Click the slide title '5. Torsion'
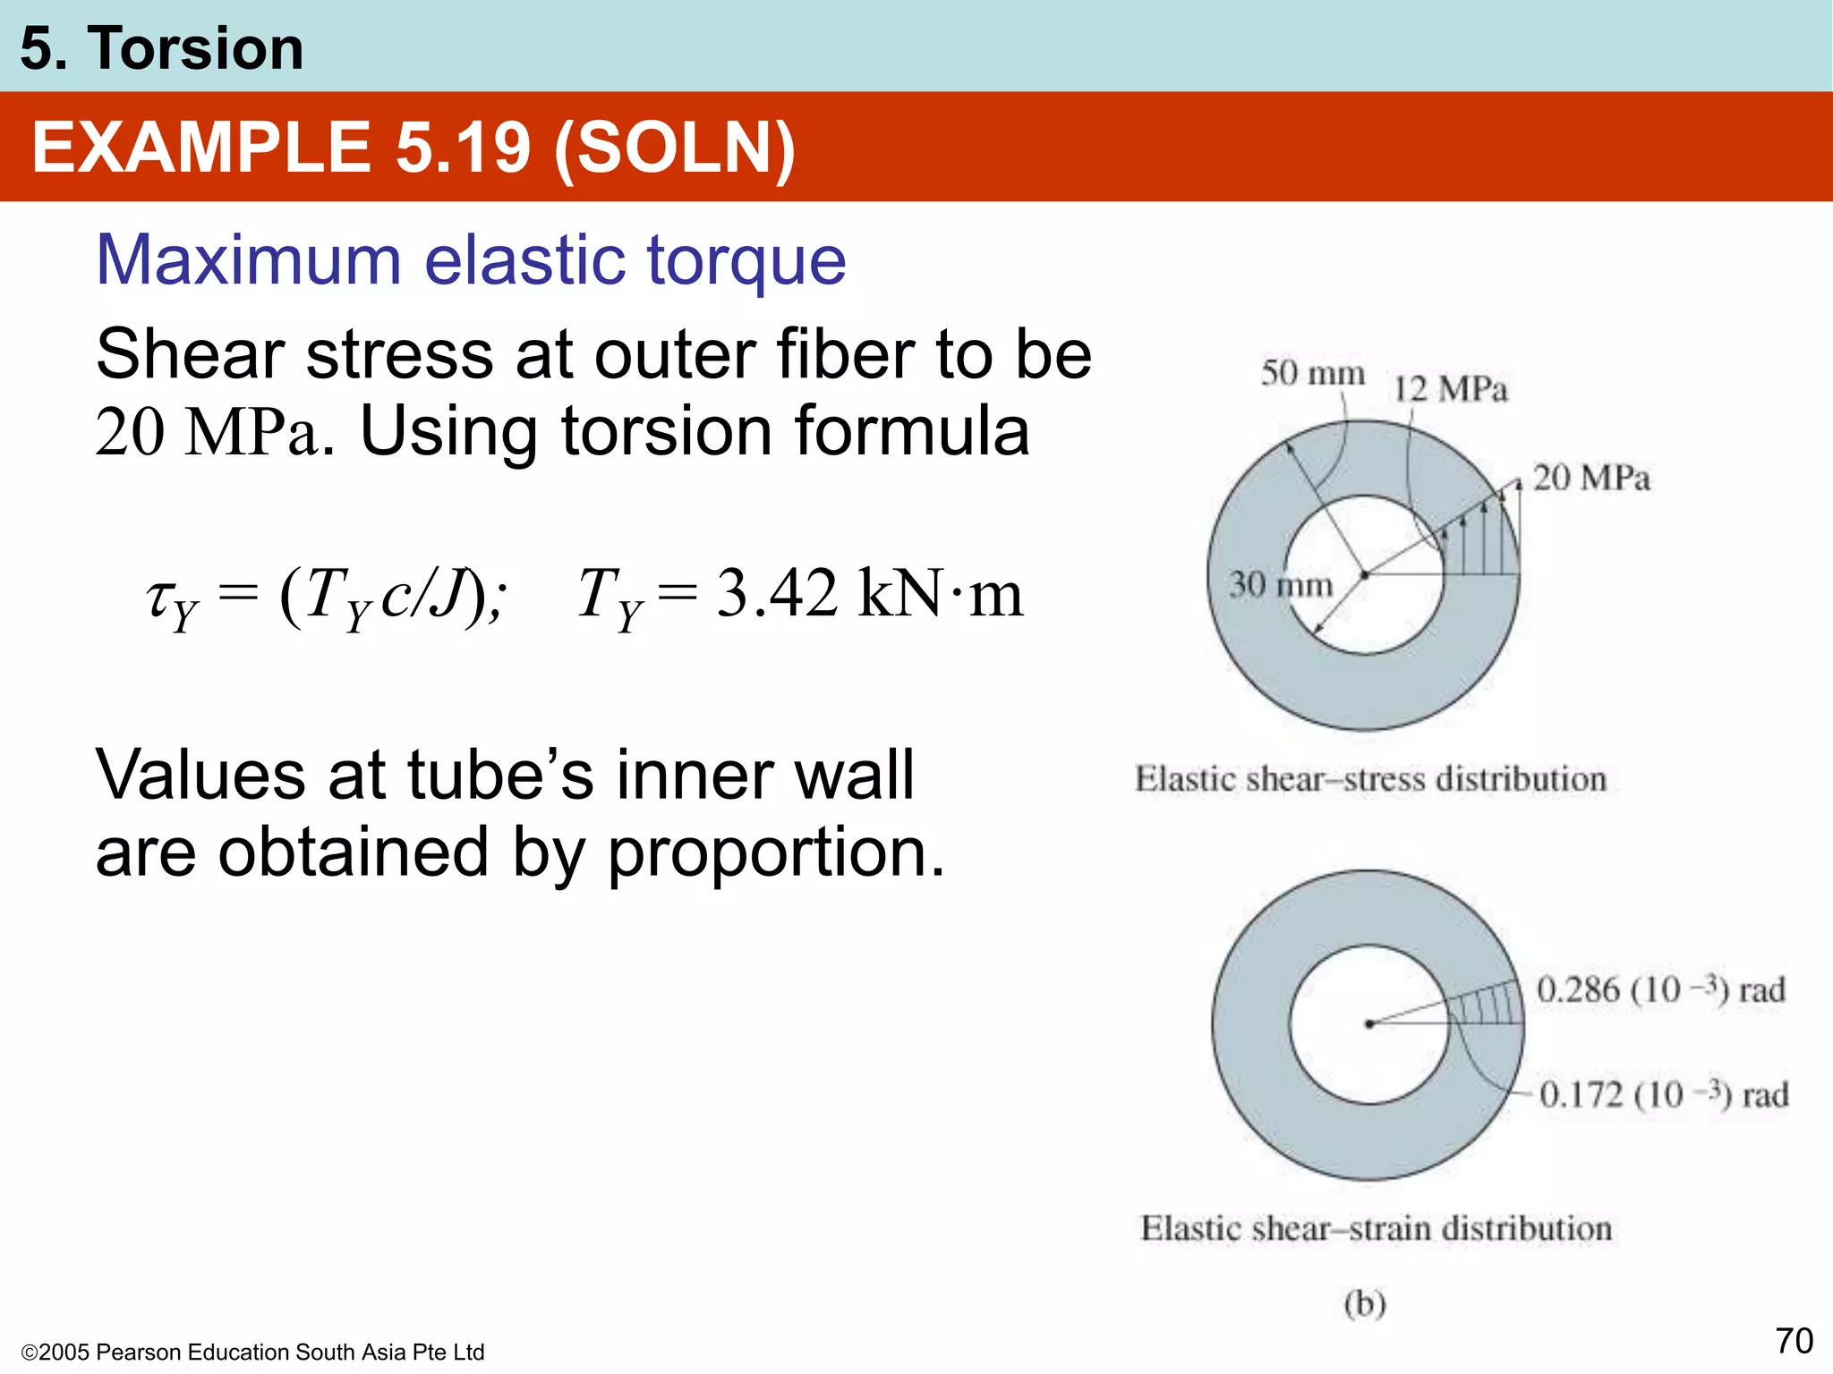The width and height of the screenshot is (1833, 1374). point(161,48)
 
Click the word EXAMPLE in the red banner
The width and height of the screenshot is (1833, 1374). point(200,148)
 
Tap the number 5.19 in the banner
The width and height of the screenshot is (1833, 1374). point(463,148)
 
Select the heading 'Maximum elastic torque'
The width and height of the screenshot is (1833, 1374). point(471,260)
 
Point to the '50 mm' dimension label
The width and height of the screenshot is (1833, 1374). point(1312,373)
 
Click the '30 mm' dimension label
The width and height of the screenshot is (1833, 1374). point(1280,585)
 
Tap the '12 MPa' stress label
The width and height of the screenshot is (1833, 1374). point(1450,389)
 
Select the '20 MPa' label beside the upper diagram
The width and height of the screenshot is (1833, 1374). point(1591,478)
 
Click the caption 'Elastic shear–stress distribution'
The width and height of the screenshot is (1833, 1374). point(1370,779)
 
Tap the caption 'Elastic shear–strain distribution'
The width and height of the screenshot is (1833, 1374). point(1376,1229)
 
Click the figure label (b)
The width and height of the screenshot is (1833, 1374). point(1365,1303)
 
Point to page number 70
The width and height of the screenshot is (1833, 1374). point(1794,1341)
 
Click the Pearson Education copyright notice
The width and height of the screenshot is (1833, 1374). point(252,1352)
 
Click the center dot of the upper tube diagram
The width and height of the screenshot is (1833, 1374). point(1365,575)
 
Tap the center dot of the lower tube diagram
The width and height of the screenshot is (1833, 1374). point(1369,1024)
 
